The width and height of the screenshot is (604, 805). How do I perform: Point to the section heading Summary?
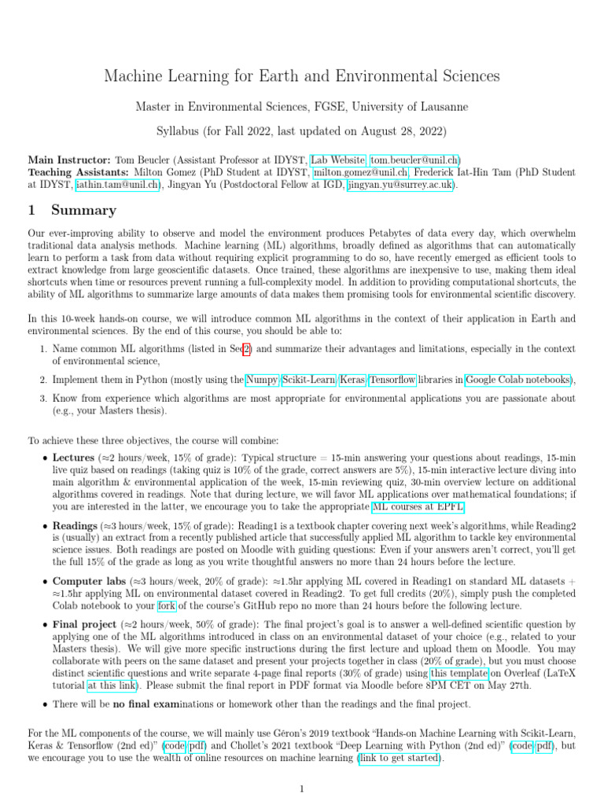[x=83, y=211]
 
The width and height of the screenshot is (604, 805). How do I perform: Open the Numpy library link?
[x=261, y=380]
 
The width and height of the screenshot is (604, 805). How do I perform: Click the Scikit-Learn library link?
[x=309, y=380]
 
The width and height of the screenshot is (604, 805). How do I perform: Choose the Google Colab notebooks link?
[x=518, y=380]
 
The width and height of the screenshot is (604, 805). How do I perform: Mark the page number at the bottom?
[x=301, y=788]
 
